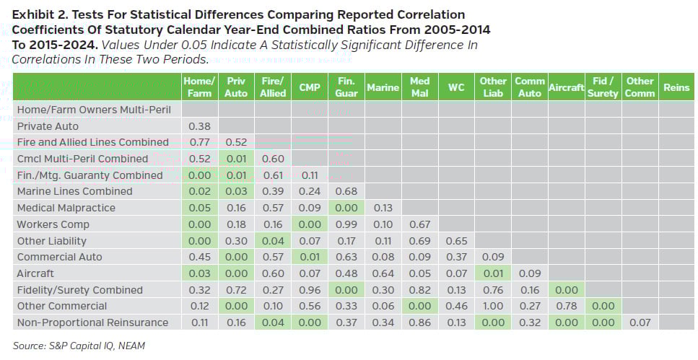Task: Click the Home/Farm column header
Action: click(199, 87)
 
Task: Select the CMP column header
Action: click(309, 87)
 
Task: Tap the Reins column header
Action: click(676, 87)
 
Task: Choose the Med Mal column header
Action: click(419, 87)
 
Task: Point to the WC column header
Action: click(456, 87)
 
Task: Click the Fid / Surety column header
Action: click(603, 87)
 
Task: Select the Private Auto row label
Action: click(48, 126)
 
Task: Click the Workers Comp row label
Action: click(53, 224)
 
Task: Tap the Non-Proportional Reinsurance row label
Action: click(92, 322)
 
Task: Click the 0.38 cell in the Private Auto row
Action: click(199, 126)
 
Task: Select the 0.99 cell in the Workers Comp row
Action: click(346, 224)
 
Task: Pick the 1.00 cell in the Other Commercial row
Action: click(493, 306)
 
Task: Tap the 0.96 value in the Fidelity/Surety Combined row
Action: click(309, 290)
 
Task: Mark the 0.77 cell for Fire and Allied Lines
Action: click(199, 142)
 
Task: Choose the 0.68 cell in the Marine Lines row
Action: click(346, 191)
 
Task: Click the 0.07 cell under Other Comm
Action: click(640, 322)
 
